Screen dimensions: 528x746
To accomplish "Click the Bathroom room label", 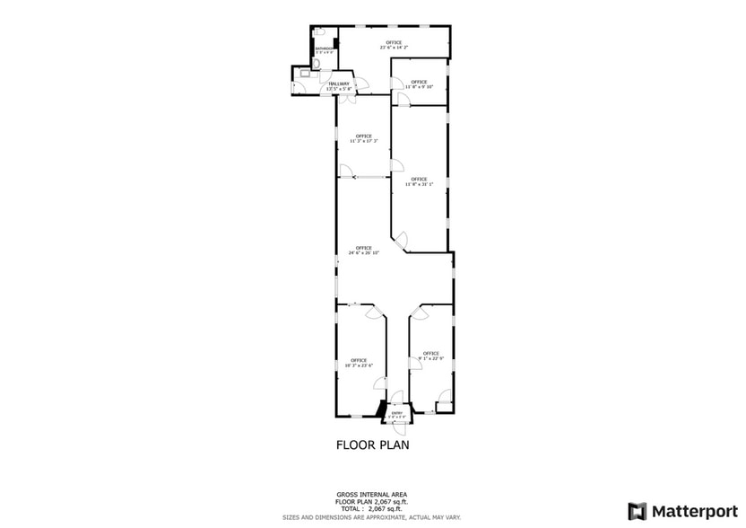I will pyautogui.click(x=324, y=50).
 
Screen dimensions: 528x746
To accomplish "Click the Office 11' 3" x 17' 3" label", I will pyautogui.click(x=363, y=138).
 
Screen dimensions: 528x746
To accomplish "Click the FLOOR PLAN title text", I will pyautogui.click(x=372, y=444).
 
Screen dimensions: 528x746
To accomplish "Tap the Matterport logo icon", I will pyautogui.click(x=638, y=511).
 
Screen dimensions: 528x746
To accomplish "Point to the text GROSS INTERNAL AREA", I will pyautogui.click(x=372, y=495).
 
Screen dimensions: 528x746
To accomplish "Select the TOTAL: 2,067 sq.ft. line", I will pyautogui.click(x=372, y=509).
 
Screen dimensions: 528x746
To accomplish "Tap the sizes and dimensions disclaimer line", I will pyautogui.click(x=372, y=517).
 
